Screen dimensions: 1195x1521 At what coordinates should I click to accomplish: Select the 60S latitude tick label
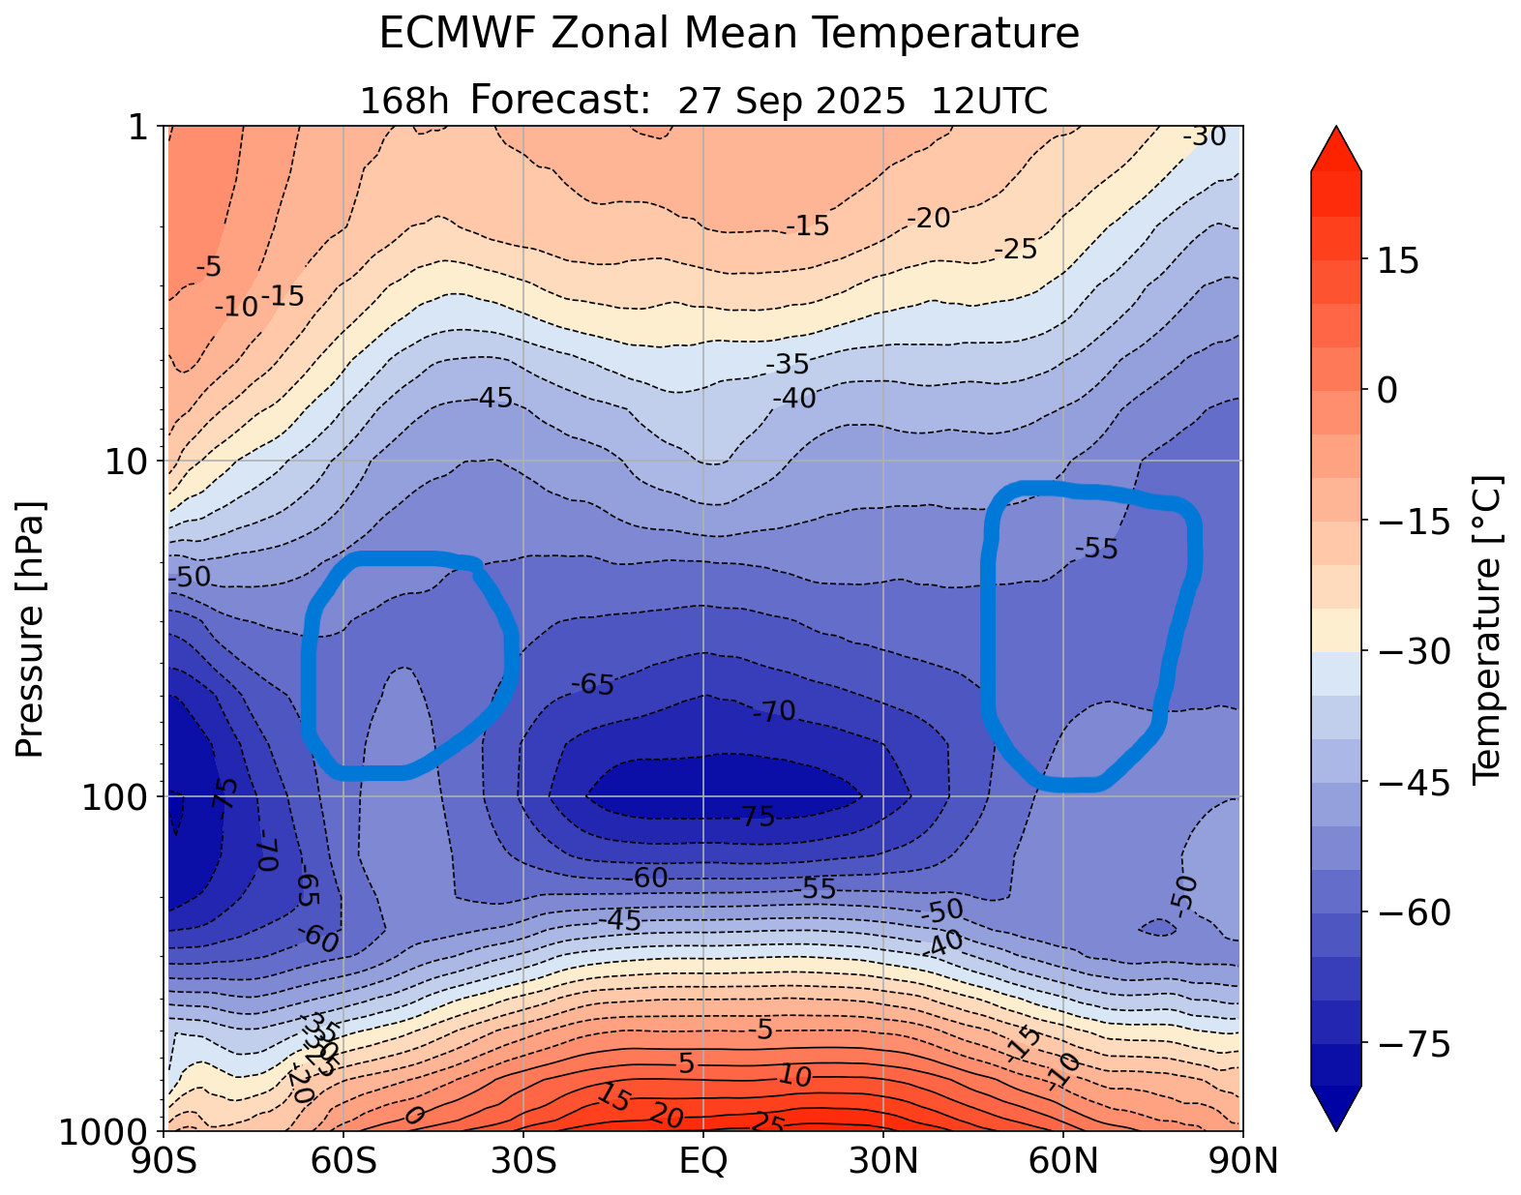pyautogui.click(x=343, y=1160)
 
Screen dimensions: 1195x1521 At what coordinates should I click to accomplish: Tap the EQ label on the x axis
pyautogui.click(x=703, y=1160)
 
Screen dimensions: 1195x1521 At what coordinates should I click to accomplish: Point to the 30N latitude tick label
pyautogui.click(x=883, y=1160)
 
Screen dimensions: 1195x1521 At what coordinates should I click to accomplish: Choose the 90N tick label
pyautogui.click(x=1244, y=1160)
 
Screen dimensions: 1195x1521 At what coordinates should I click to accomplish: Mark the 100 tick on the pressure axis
pyautogui.click(x=115, y=796)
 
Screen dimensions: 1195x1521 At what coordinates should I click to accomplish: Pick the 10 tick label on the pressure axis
pyautogui.click(x=125, y=461)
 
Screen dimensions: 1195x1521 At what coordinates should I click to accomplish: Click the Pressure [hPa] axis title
pyautogui.click(x=31, y=629)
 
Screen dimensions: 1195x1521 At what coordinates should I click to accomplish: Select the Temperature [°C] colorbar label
pyautogui.click(x=1484, y=629)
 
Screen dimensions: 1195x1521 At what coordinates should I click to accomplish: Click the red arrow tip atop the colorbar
pyautogui.click(x=1336, y=145)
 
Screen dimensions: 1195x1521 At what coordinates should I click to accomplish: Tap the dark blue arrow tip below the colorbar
pyautogui.click(x=1336, y=1111)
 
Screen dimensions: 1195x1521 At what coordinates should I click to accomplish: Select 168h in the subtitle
pyautogui.click(x=403, y=101)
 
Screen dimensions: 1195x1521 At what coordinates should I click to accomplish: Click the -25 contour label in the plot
pyautogui.click(x=1015, y=250)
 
